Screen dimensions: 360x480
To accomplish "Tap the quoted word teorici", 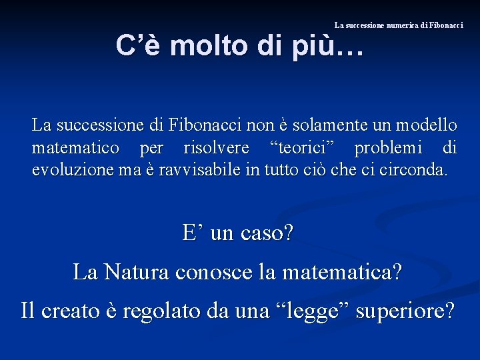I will tap(302, 147).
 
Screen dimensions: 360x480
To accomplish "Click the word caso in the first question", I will tap(269, 233).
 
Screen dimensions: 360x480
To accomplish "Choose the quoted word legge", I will tap(314, 310).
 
